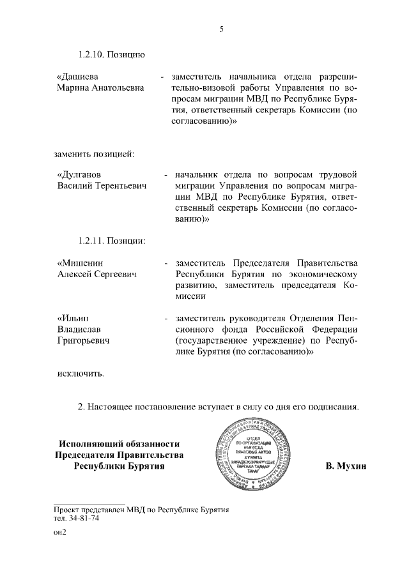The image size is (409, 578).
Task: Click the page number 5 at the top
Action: coord(221,29)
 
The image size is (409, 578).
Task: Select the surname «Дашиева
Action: coord(79,77)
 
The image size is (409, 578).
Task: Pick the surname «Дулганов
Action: coord(81,174)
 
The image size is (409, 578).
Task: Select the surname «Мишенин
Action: coord(81,263)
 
